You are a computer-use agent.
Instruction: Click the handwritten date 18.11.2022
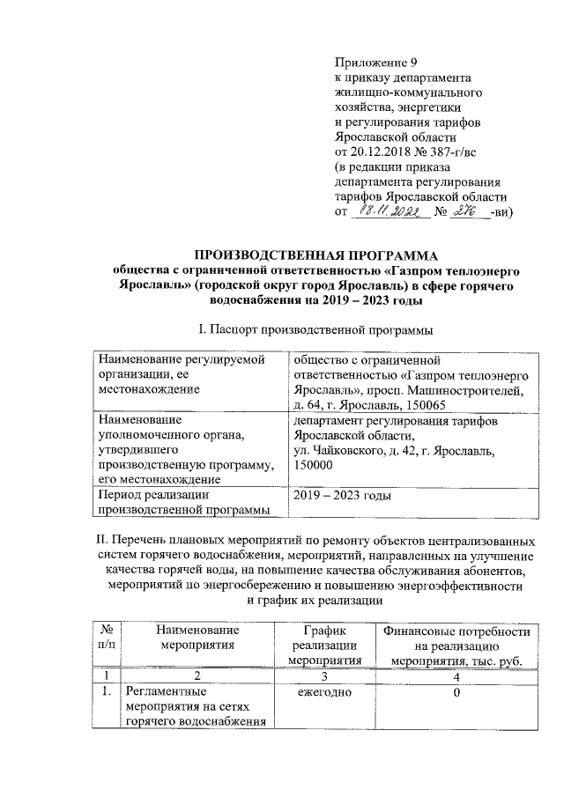tap(390, 212)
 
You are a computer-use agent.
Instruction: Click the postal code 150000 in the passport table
tap(315, 466)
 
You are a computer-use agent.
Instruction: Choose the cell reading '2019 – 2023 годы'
tap(342, 497)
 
